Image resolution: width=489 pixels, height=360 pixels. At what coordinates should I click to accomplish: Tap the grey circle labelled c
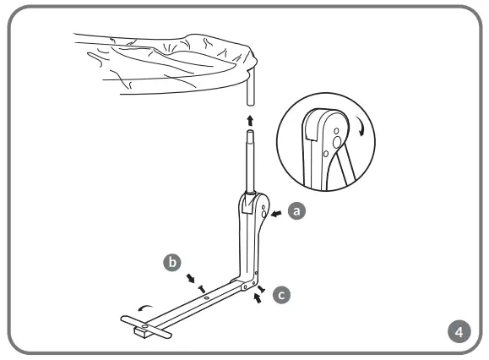[282, 295]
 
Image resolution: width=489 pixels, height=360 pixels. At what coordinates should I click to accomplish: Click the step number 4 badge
[459, 330]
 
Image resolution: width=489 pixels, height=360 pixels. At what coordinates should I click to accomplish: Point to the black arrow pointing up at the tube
[249, 119]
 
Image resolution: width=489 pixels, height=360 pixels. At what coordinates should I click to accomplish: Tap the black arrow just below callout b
[193, 278]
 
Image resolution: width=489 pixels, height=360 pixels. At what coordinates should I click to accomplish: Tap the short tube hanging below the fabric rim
[249, 89]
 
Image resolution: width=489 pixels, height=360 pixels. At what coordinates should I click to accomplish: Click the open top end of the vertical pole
[249, 133]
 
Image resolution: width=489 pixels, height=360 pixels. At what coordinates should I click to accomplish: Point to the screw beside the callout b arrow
[202, 287]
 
